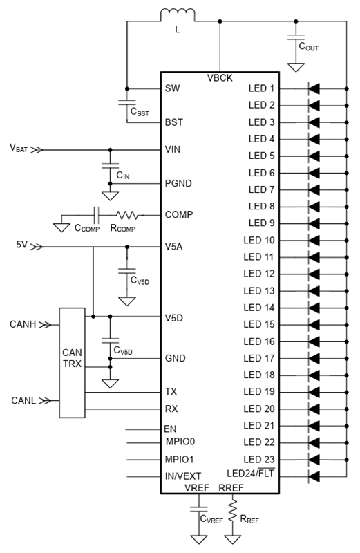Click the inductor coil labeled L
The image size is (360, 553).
[x=178, y=13]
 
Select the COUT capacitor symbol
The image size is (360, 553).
[x=296, y=37]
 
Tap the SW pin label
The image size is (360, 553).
[x=173, y=88]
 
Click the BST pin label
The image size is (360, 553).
[x=174, y=122]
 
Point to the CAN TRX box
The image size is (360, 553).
[x=72, y=362]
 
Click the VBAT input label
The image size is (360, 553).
[x=19, y=148]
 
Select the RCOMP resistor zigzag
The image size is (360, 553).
[x=127, y=215]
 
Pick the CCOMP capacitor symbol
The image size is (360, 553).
[x=96, y=215]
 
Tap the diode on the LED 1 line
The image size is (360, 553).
[x=314, y=88]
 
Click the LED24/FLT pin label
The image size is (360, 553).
[x=251, y=473]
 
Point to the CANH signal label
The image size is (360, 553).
[x=23, y=324]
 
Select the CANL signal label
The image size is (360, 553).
[x=23, y=401]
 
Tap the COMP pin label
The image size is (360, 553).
[x=179, y=214]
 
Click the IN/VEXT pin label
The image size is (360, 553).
[x=183, y=476]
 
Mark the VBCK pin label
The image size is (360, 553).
[x=220, y=78]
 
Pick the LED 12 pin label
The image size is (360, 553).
[x=259, y=274]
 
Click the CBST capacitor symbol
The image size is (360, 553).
[x=127, y=102]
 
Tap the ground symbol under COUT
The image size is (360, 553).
[x=296, y=67]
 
